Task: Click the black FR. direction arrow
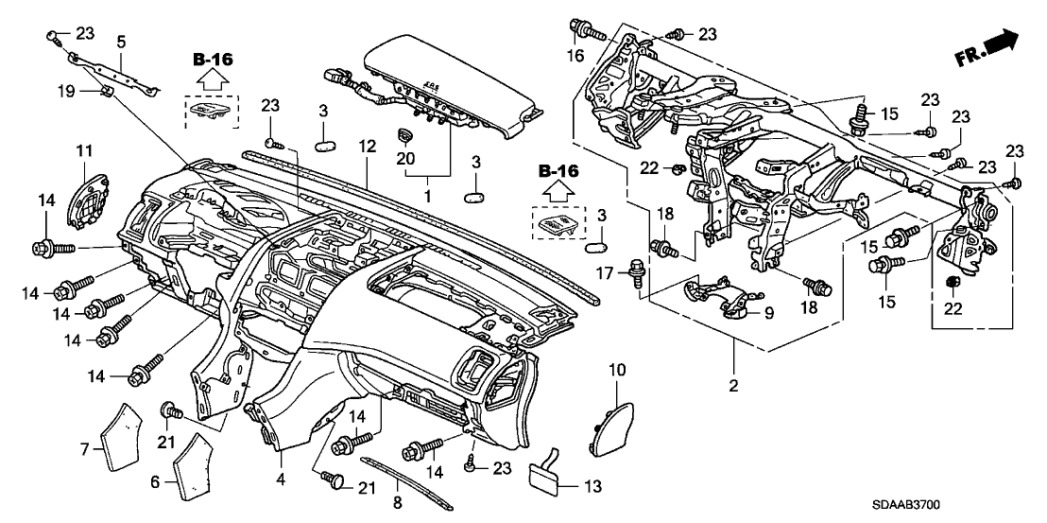[1003, 41]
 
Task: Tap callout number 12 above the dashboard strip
[367, 148]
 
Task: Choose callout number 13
[566, 487]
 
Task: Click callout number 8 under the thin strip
[396, 502]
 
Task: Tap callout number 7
[83, 447]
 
